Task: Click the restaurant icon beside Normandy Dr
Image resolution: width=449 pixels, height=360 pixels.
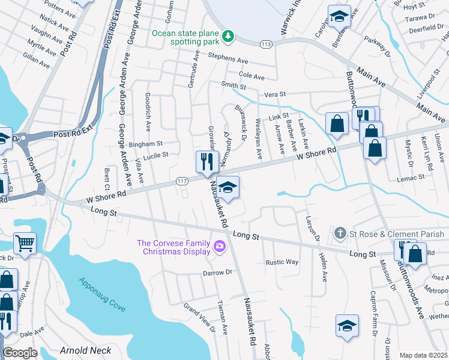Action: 205,161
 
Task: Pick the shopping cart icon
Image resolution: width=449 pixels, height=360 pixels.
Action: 25,243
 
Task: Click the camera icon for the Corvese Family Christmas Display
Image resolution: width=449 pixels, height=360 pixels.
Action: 219,245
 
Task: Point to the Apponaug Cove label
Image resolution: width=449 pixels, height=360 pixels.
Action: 101,293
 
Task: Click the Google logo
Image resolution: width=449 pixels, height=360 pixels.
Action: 20,353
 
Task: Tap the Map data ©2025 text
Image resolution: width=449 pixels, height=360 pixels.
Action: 423,355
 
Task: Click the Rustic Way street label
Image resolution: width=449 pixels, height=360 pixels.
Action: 282,262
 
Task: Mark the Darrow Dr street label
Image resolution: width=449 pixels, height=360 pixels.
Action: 217,272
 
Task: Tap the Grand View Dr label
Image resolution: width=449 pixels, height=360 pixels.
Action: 200,317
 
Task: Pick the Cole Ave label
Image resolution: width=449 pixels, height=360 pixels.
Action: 252,77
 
